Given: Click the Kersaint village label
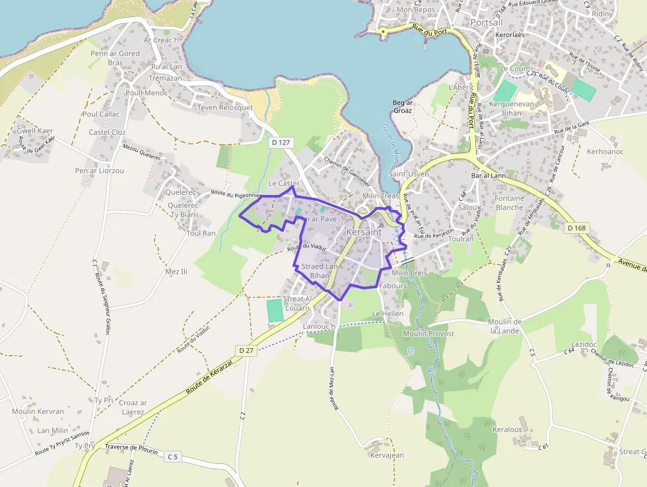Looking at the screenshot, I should tap(363, 233).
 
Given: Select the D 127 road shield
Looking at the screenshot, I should tap(281, 142).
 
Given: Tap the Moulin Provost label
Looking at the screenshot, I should tap(428, 334).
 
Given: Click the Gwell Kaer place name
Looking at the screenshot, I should tap(35, 131).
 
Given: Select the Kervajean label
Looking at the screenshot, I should tap(388, 455).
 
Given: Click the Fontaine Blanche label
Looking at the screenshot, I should tap(509, 202).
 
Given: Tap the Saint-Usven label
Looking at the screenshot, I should tap(409, 174).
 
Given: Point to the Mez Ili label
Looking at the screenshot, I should tap(176, 272).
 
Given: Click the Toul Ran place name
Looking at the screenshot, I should tap(201, 233).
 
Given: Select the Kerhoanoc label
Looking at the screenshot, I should tap(605, 151).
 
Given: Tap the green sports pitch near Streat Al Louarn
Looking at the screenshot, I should tap(275, 311).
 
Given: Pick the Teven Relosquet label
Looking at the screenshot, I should tap(225, 108).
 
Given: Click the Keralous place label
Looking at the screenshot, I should tap(507, 430).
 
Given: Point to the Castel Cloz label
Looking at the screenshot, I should tap(107, 132).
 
